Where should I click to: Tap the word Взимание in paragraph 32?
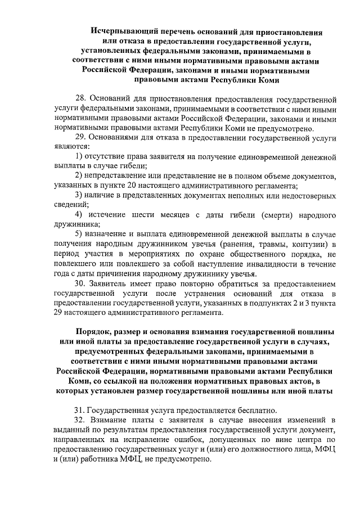pyautogui.click(x=112, y=420)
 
